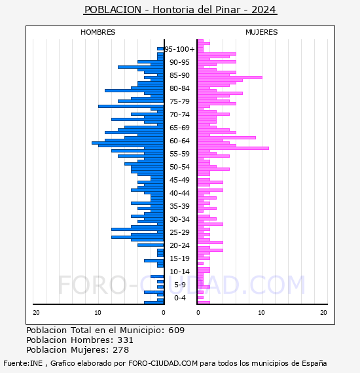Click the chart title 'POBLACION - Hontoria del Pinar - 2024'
click(x=180, y=10)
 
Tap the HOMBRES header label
click(x=98, y=32)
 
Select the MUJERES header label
click(x=262, y=32)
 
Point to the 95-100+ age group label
click(x=179, y=49)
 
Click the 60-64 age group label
click(x=179, y=141)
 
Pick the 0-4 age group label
click(x=179, y=298)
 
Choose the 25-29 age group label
click(x=179, y=232)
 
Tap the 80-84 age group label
click(x=179, y=88)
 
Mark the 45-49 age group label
click(x=179, y=180)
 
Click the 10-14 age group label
click(x=179, y=272)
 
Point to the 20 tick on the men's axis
click(x=36, y=313)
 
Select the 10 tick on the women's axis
click(x=261, y=313)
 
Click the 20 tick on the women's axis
click(x=323, y=313)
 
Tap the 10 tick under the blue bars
click(x=98, y=313)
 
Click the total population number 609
click(x=176, y=330)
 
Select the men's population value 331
click(x=125, y=340)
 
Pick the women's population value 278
click(x=121, y=349)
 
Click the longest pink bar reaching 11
click(x=233, y=148)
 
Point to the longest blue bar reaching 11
click(x=128, y=143)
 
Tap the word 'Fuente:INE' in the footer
click(x=23, y=363)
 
